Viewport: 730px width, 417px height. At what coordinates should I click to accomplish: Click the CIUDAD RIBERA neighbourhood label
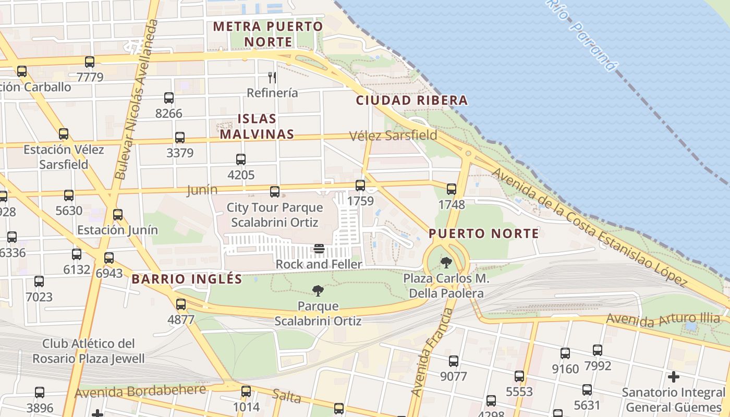411,101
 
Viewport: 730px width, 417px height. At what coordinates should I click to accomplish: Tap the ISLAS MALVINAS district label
257,126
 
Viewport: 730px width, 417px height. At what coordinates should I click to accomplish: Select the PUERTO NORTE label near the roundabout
484,234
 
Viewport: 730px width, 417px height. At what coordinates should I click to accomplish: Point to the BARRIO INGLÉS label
187,279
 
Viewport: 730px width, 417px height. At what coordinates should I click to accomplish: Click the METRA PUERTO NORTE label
268,33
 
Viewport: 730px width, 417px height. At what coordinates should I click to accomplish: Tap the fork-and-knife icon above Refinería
272,78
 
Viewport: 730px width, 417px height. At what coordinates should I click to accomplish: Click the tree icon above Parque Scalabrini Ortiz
318,291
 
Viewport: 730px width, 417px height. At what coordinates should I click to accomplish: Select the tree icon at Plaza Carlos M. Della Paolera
446,262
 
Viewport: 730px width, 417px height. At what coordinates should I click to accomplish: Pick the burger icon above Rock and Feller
319,249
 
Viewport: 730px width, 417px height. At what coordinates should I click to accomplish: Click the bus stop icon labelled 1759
360,185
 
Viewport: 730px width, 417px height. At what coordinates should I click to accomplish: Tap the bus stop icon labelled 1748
452,189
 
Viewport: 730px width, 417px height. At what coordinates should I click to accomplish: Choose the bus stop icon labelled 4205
241,159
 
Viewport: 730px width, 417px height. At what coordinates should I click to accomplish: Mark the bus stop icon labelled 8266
169,97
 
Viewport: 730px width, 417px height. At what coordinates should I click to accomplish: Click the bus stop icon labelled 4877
181,304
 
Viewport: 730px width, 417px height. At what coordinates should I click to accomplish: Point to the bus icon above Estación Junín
118,214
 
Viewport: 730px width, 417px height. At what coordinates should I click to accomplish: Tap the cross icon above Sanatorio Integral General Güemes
674,376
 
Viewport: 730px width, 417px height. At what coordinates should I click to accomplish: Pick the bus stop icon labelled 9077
454,361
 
